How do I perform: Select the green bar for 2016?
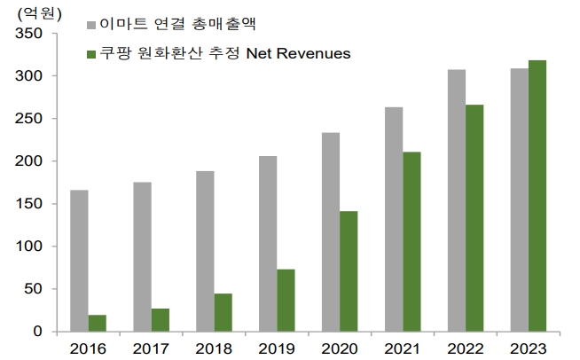tap(97, 323)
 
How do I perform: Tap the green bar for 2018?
tap(223, 312)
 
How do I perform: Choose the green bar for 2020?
tap(349, 271)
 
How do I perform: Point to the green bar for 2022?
tap(474, 218)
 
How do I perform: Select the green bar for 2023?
tap(537, 196)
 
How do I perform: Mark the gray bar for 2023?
tap(520, 200)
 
